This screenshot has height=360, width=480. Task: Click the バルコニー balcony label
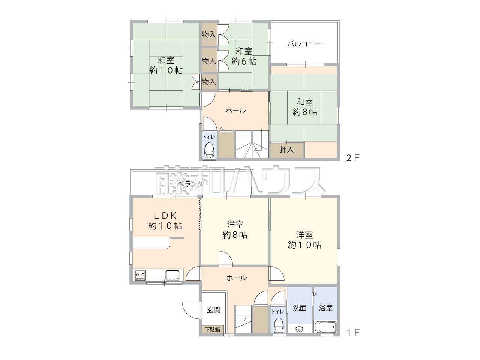tap(304, 44)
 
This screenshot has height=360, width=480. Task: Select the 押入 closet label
tap(287, 150)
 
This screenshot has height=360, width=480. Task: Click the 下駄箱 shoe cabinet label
tap(213, 329)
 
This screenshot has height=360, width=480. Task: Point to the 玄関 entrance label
tap(214, 310)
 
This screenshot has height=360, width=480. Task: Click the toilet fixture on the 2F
tap(209, 150)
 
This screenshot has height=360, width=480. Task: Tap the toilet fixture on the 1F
tap(278, 325)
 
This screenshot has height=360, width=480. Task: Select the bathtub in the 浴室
tap(325, 327)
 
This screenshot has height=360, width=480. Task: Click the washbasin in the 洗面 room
tap(299, 329)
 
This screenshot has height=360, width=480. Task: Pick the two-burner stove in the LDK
tap(140, 275)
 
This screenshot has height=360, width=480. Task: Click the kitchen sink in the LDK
tap(172, 275)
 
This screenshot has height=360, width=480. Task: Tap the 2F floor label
tap(353, 158)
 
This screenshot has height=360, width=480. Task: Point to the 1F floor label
tap(353, 333)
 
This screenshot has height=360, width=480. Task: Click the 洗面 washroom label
tap(300, 308)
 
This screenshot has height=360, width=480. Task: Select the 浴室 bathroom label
tap(325, 308)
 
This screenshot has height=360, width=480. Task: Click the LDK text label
tap(165, 216)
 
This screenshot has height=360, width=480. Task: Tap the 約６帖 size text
tap(244, 61)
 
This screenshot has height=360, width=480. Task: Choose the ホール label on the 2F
tap(236, 110)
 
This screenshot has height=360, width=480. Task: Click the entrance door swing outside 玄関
tap(192, 310)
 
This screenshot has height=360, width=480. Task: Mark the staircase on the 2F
tap(252, 144)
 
